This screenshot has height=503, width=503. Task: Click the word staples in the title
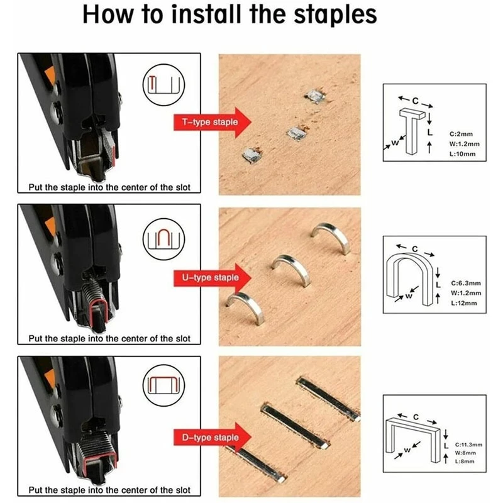(x=335, y=14)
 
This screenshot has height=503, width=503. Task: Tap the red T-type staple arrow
(x=213, y=122)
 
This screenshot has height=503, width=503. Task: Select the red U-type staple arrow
(x=213, y=278)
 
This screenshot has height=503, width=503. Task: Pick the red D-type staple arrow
(x=213, y=438)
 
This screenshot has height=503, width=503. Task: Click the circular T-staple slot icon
(x=163, y=85)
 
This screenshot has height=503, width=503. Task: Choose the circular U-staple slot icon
(x=163, y=239)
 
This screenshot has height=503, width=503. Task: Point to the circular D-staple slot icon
(x=163, y=385)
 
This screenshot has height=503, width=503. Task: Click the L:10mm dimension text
(x=462, y=154)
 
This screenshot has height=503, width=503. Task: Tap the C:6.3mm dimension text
(x=466, y=284)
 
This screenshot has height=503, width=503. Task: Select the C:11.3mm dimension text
(x=468, y=445)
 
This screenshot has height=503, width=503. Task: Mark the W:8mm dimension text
(x=465, y=453)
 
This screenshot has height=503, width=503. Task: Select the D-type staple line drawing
(x=413, y=438)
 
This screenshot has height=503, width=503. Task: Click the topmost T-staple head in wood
(x=315, y=96)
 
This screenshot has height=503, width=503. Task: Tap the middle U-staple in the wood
(x=291, y=270)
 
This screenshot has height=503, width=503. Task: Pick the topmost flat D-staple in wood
(x=328, y=399)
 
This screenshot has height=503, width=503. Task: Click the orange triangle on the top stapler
(x=50, y=75)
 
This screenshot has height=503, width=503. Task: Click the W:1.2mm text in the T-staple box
(x=464, y=144)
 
